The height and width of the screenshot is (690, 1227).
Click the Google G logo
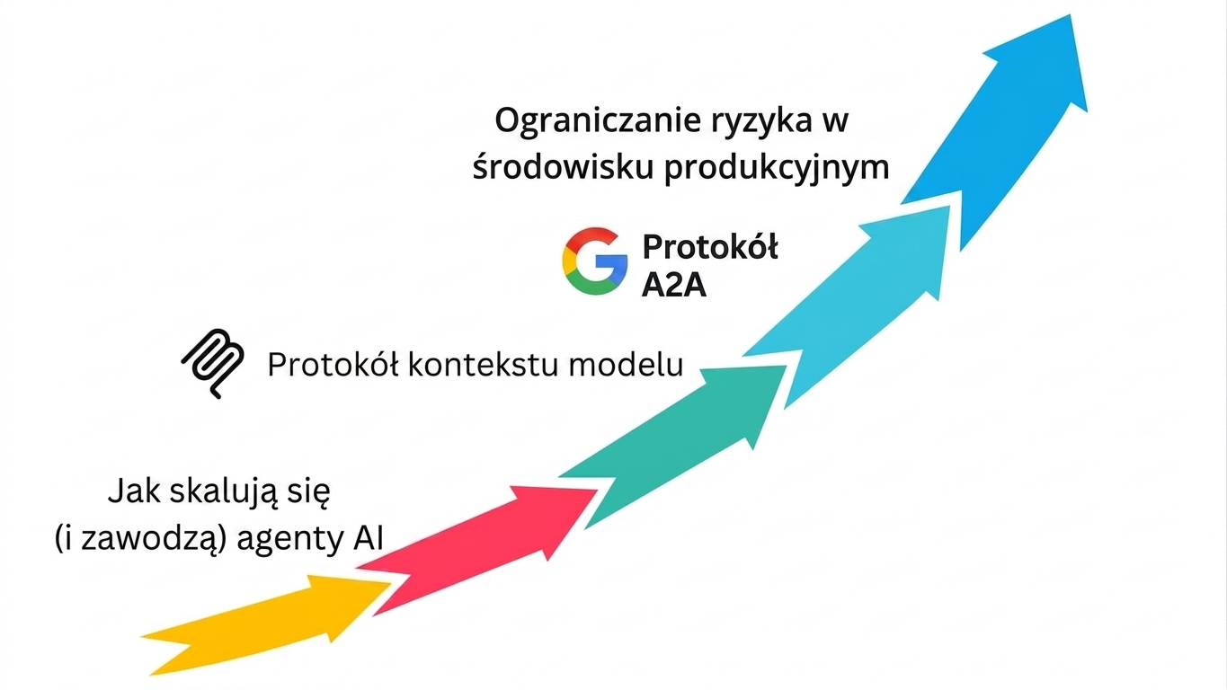595,261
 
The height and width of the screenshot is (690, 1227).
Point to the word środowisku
563,166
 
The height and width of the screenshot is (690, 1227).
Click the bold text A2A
674,286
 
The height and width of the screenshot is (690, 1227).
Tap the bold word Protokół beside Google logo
710,246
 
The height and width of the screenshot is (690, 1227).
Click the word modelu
627,365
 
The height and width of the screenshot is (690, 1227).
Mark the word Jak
134,491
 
